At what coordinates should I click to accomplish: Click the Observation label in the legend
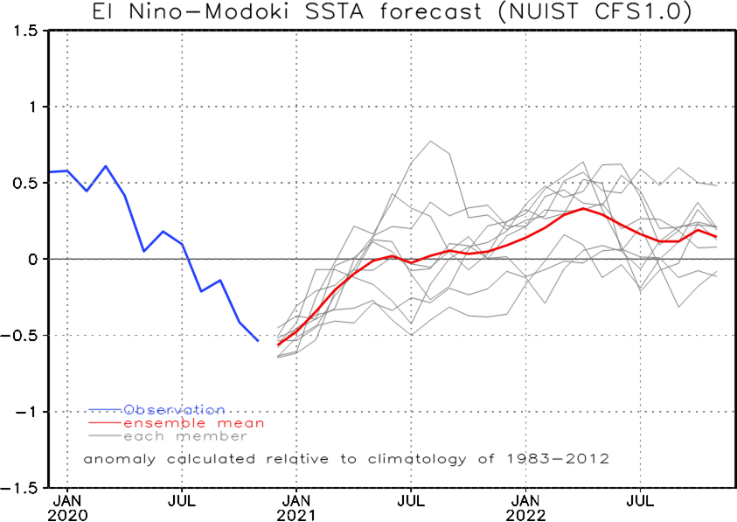coord(174,409)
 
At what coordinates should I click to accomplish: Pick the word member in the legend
coord(212,436)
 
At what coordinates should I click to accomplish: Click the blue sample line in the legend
coord(104,409)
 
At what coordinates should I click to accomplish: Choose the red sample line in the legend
coord(104,423)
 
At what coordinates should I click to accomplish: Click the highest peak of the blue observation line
coord(106,165)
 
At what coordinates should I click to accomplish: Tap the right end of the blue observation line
coord(258,340)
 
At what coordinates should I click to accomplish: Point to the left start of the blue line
coord(51,171)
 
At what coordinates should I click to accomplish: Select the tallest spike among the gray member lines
coord(430,140)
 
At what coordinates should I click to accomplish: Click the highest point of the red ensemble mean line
coord(584,208)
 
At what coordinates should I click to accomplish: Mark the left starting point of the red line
coord(278,345)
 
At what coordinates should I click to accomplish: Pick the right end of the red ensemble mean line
coord(717,237)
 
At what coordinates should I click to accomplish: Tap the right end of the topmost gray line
coord(717,185)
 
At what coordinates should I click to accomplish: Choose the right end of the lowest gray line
coord(717,274)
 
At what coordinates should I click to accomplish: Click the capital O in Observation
coord(129,409)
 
